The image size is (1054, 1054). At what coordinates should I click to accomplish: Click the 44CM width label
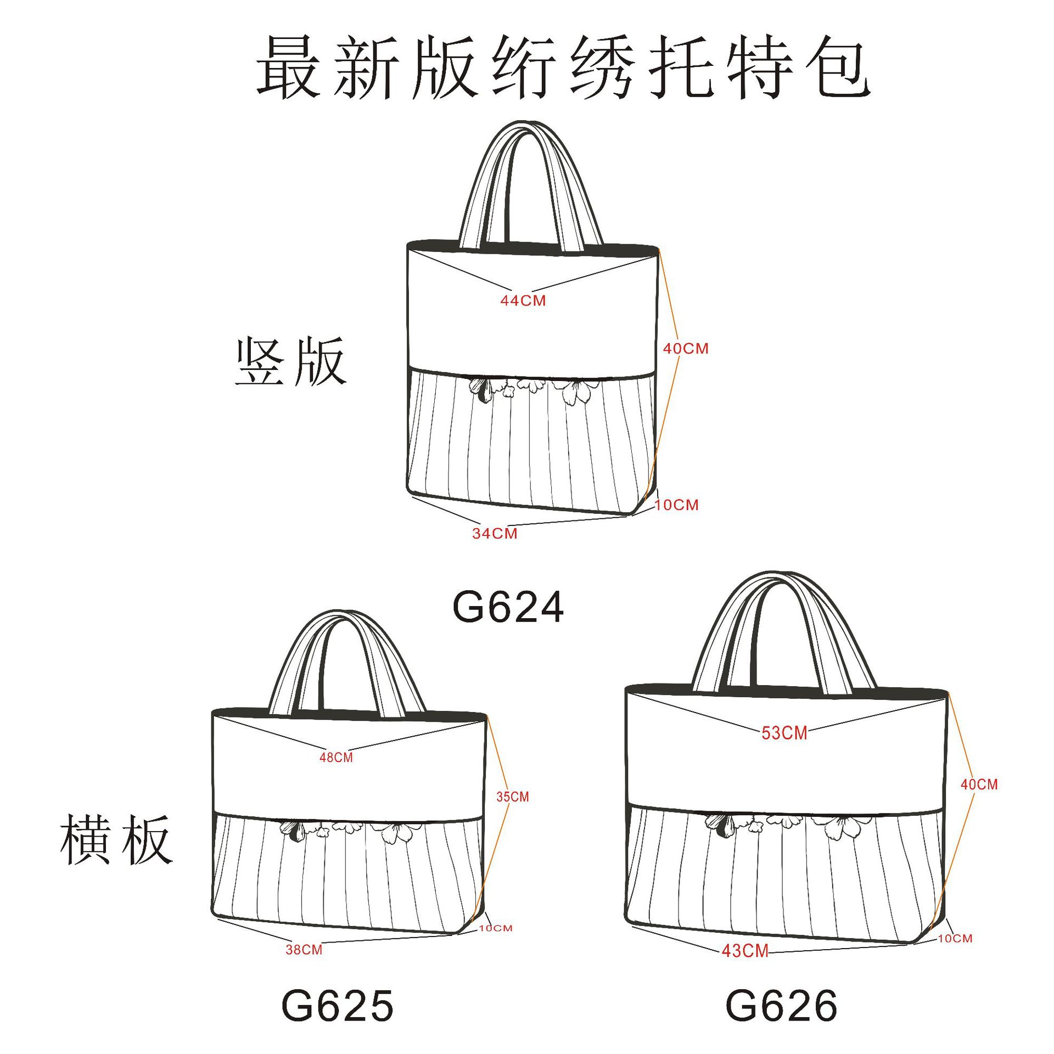click(x=523, y=300)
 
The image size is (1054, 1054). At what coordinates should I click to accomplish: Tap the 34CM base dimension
click(x=495, y=533)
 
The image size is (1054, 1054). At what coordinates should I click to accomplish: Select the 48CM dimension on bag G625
click(x=336, y=758)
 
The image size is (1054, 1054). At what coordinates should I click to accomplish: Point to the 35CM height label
click(x=513, y=797)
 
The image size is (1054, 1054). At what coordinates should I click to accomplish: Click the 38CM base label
click(x=304, y=950)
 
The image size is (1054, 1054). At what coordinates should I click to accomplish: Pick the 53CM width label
click(x=784, y=733)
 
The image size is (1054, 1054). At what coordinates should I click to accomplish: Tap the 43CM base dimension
click(x=745, y=951)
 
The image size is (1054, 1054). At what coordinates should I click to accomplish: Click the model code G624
click(x=508, y=607)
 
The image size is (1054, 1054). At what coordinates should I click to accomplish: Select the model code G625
click(x=337, y=1006)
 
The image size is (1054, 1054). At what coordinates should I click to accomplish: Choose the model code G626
click(x=781, y=1006)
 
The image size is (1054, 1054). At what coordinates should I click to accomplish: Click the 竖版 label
click(x=290, y=362)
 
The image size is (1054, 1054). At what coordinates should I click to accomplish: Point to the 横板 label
click(x=116, y=840)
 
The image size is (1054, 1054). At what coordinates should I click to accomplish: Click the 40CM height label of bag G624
click(x=686, y=349)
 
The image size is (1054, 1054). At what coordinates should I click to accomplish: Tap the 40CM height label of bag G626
click(x=979, y=784)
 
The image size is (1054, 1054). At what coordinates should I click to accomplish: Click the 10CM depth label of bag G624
click(x=676, y=505)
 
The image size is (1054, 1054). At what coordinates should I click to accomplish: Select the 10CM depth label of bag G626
click(x=955, y=938)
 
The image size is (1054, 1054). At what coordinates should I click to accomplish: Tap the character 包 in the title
click(x=838, y=67)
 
